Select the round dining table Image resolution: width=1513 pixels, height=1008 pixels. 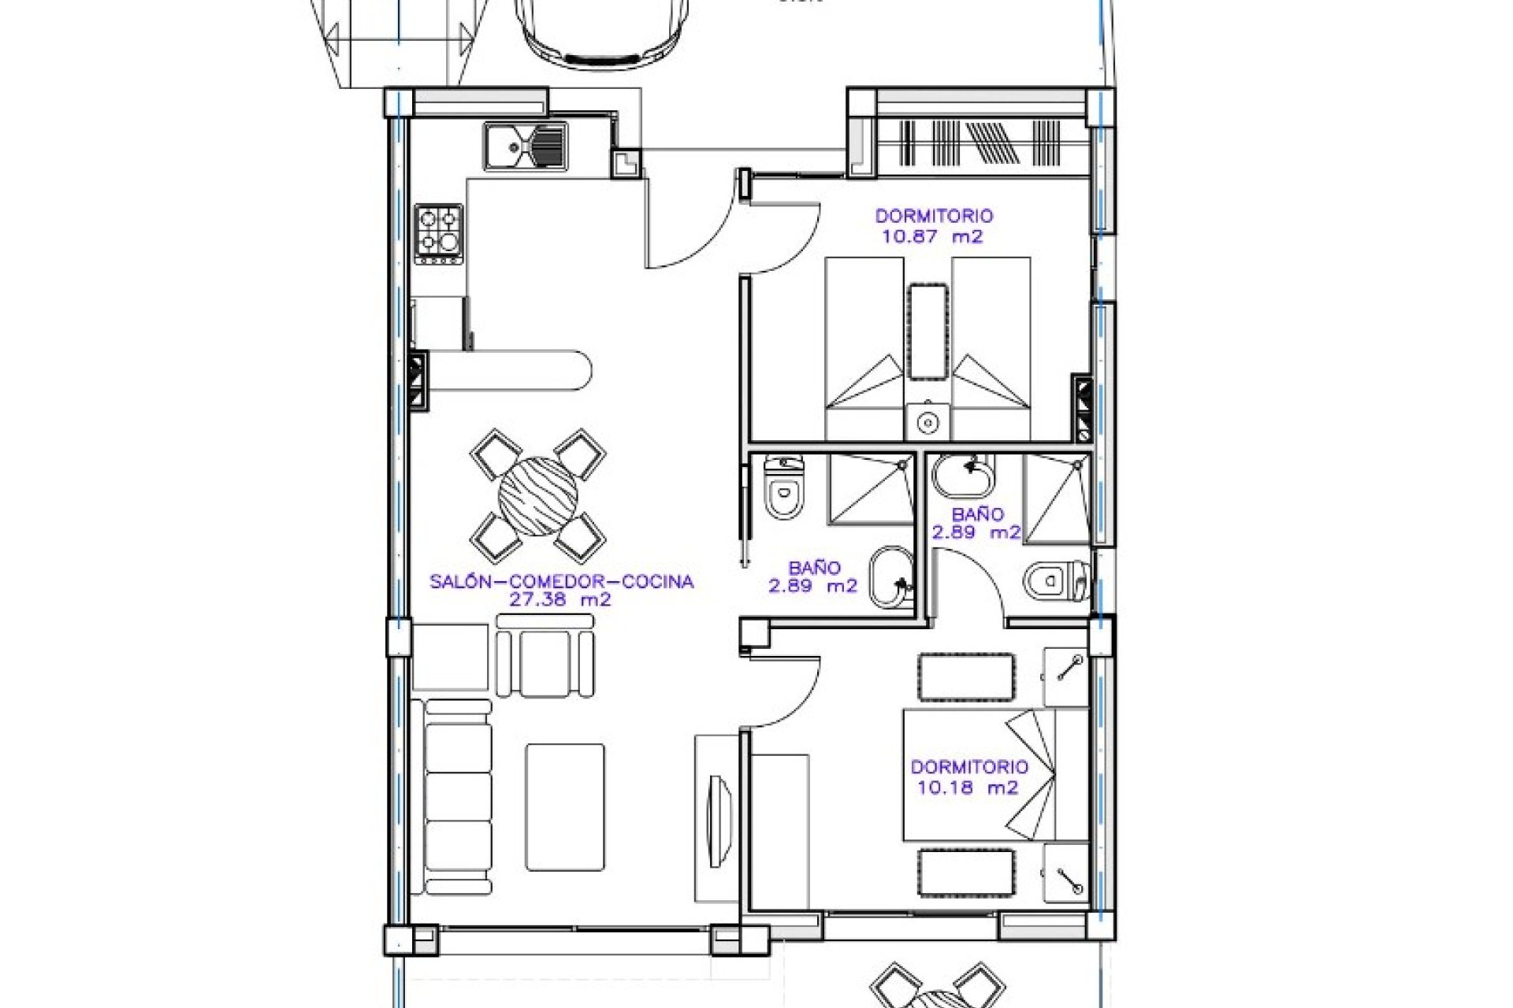[538, 496]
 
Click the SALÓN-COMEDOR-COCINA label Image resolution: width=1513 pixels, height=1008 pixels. [561, 581]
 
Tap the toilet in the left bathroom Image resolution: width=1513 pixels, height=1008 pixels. [784, 492]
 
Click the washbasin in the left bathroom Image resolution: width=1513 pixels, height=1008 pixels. [890, 579]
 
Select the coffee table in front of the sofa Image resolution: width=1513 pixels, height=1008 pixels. [565, 807]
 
